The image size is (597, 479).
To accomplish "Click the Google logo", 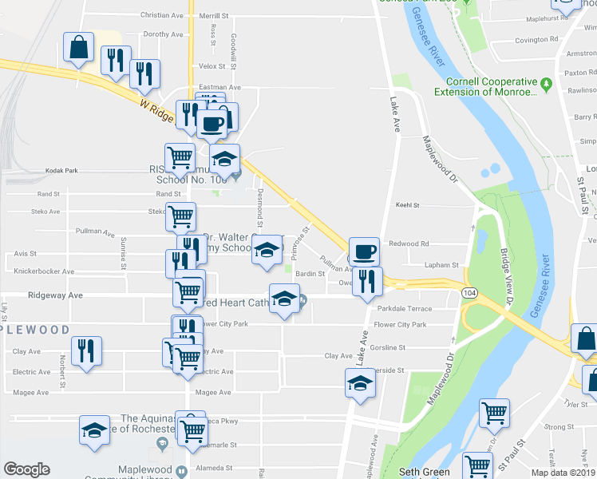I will (x=27, y=469).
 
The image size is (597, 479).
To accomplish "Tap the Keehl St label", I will (x=408, y=205).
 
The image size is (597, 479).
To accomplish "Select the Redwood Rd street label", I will (x=409, y=243).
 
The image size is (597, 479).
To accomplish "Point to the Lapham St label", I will (x=445, y=265).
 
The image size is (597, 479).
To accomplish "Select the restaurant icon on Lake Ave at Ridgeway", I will (x=367, y=280).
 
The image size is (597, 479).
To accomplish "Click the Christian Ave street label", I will (x=161, y=15).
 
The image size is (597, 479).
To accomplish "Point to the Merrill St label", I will (x=214, y=15).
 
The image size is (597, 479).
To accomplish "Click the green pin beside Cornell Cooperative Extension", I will (x=547, y=82).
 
